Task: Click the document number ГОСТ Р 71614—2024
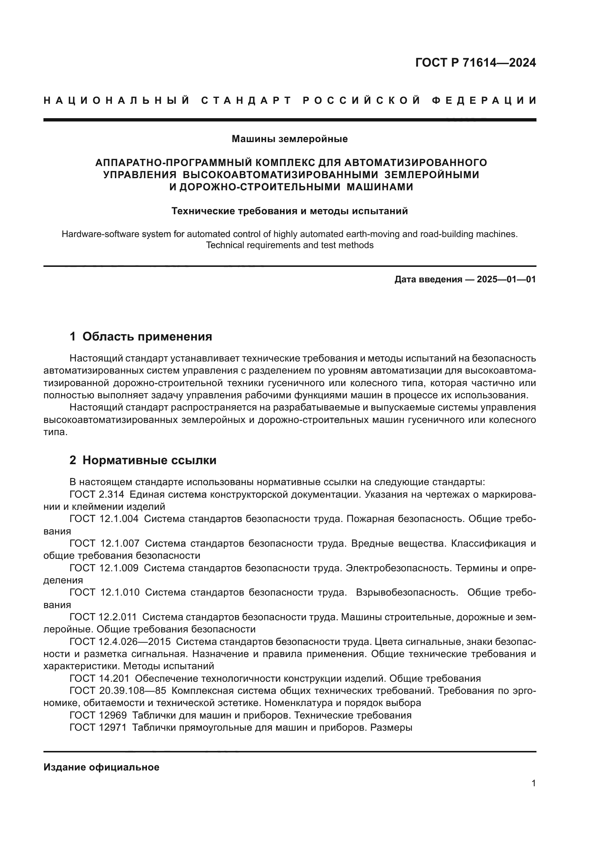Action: click(475, 63)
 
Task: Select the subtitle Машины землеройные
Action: click(289, 139)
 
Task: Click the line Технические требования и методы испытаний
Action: click(289, 211)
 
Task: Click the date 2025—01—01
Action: click(506, 279)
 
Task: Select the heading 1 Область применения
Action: click(141, 336)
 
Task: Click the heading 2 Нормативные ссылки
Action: click(143, 460)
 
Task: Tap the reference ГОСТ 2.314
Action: click(97, 495)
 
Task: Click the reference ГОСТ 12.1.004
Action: click(104, 519)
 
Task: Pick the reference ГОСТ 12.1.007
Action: click(104, 543)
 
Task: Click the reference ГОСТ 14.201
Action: click(99, 678)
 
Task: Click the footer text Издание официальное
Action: click(101, 767)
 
